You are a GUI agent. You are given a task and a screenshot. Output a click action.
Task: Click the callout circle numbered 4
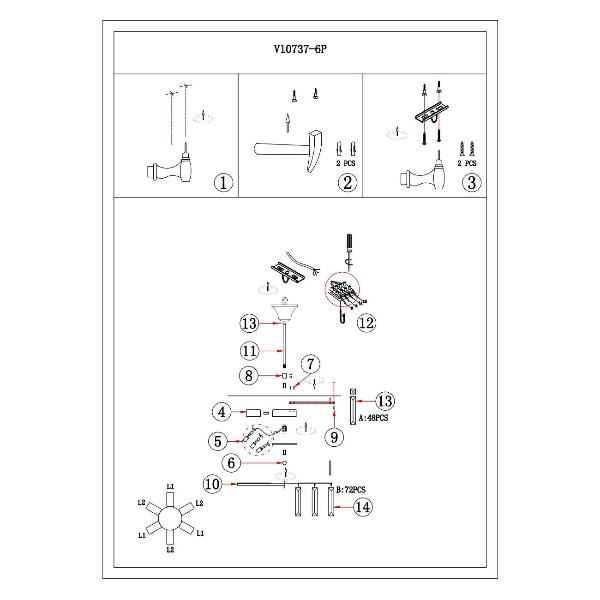220,412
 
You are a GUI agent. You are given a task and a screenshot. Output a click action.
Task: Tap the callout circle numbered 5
220,440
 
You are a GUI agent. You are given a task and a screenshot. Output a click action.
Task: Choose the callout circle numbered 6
230,463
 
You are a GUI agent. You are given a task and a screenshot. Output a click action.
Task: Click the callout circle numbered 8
248,376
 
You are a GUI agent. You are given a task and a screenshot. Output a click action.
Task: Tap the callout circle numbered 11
248,350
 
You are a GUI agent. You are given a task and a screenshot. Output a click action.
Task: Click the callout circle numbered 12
368,322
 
